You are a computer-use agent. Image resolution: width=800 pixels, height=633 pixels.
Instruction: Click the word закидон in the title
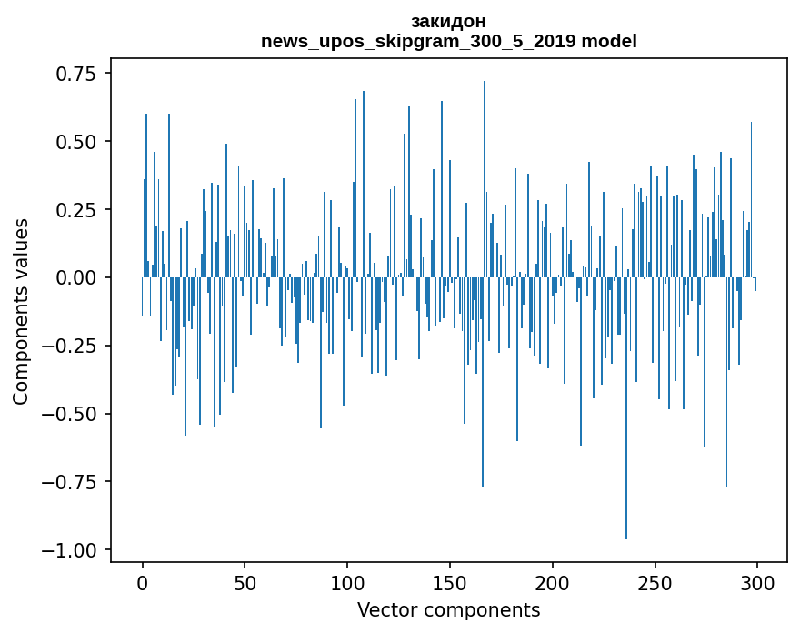click(x=448, y=21)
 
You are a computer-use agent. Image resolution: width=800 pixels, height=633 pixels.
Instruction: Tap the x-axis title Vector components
click(x=448, y=609)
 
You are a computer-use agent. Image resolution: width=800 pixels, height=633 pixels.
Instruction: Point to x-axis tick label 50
click(x=245, y=584)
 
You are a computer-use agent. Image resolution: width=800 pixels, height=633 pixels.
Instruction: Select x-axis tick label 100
click(x=347, y=584)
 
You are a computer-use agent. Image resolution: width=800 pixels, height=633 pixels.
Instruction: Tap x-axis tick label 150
click(x=450, y=584)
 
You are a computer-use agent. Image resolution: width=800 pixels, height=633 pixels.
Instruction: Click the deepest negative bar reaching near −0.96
click(x=626, y=409)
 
